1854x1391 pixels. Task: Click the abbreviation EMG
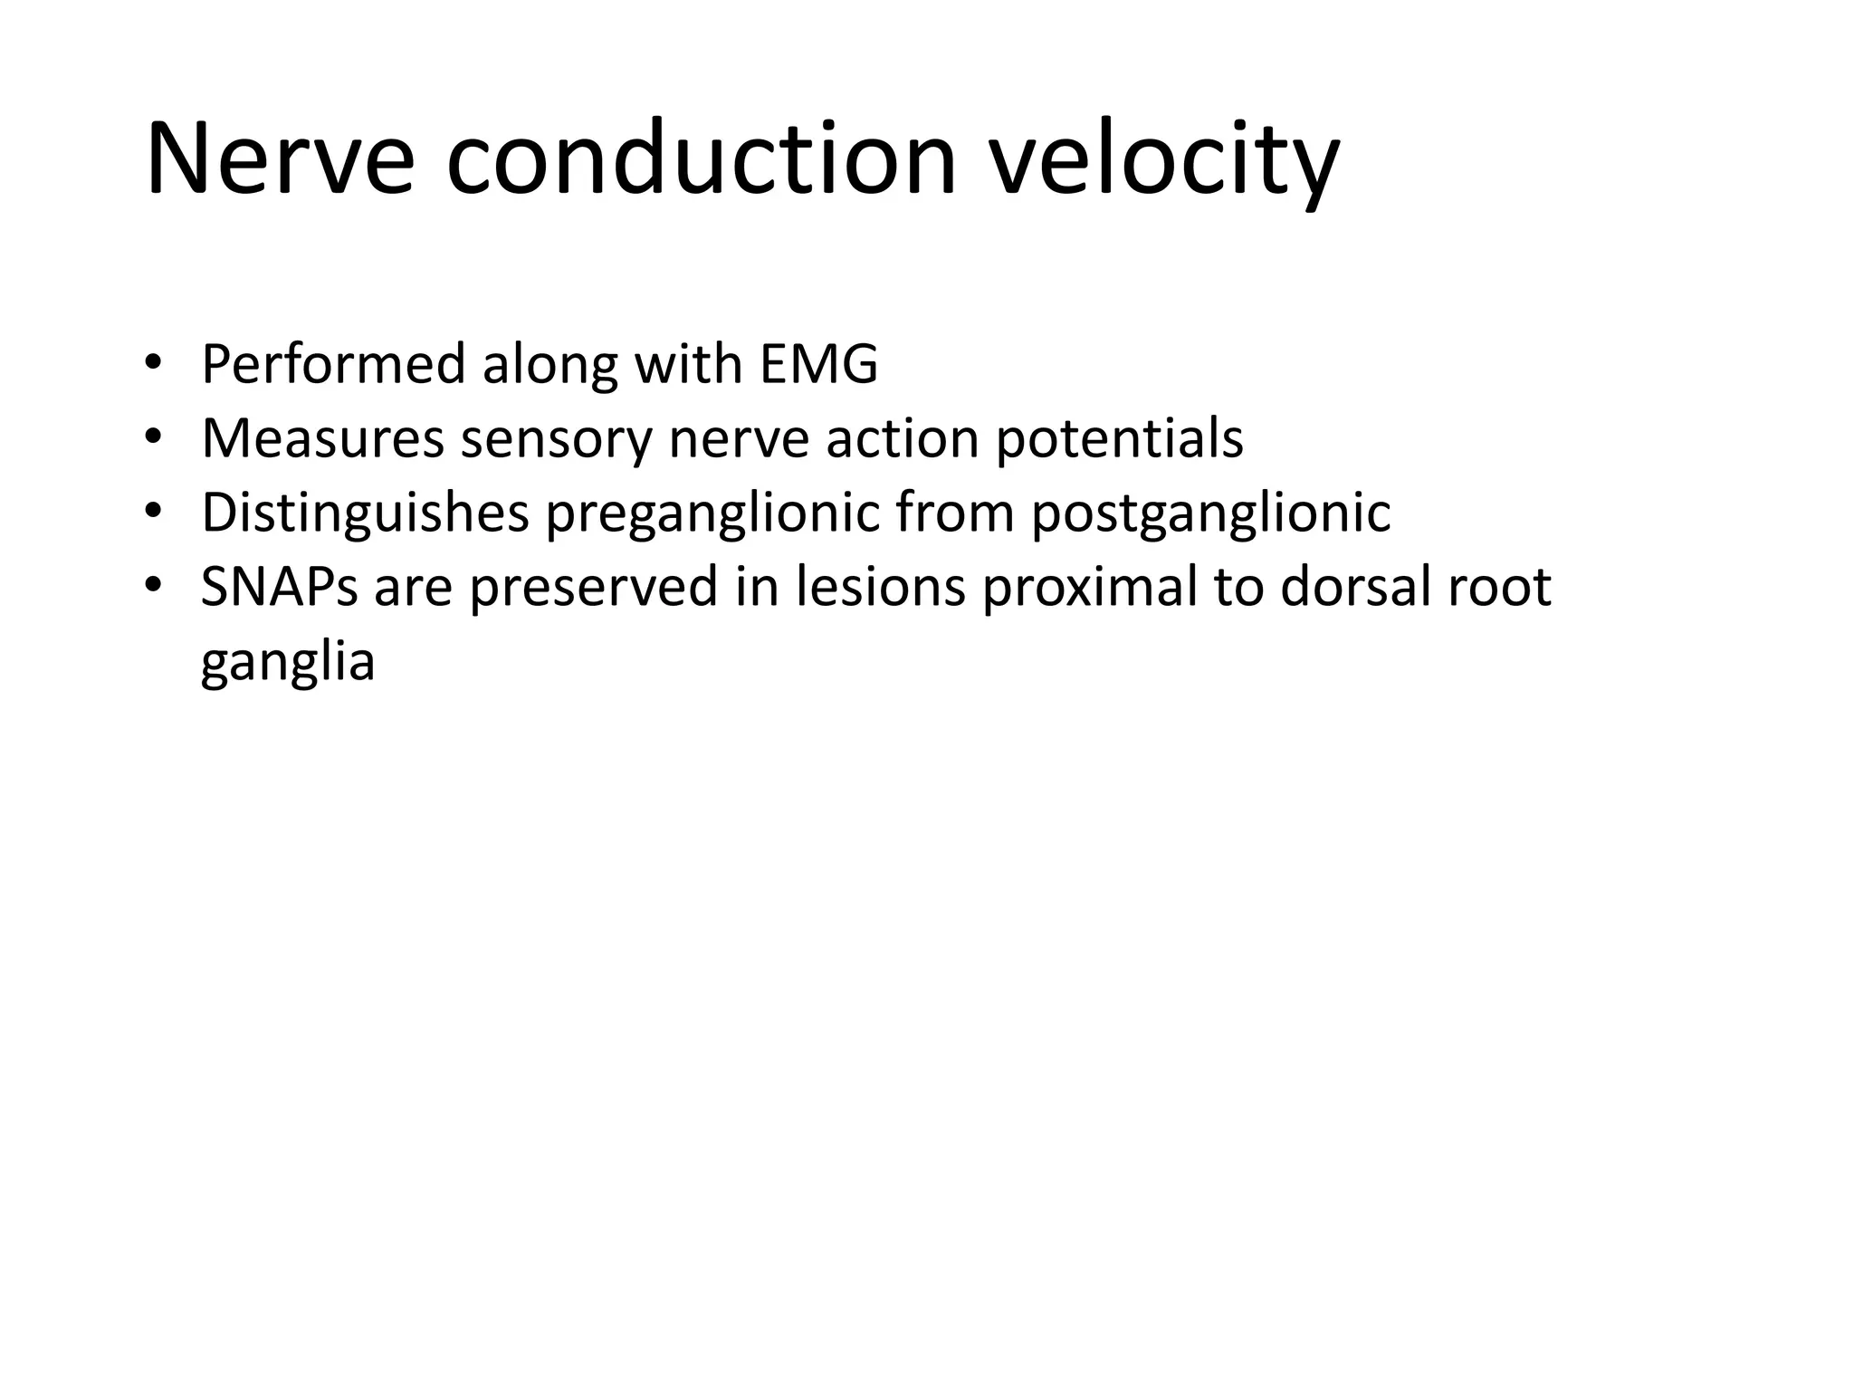818,364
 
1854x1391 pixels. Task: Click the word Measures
322,438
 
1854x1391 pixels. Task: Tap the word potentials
1120,438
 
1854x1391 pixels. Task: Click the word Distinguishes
365,513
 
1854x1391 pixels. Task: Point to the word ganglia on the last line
287,661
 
